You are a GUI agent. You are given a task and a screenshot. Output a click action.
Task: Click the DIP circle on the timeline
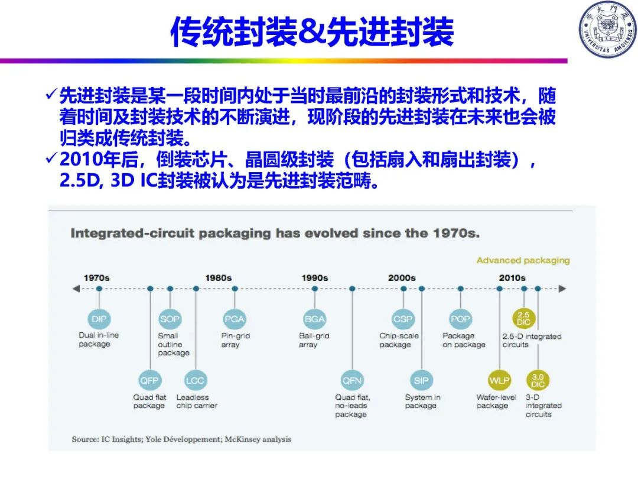pos(99,319)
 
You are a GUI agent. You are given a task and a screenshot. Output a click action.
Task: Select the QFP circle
pos(149,380)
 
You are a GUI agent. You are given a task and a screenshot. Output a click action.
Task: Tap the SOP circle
pos(170,319)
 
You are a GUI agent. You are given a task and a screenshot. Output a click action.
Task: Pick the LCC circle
pos(196,380)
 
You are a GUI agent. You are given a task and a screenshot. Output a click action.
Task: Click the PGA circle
pos(235,319)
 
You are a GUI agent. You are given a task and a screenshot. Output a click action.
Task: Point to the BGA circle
pos(314,319)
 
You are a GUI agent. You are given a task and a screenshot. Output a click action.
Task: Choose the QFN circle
pos(352,380)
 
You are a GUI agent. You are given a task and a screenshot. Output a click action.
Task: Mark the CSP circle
pos(403,319)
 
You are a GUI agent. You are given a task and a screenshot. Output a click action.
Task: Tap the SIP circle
pos(421,380)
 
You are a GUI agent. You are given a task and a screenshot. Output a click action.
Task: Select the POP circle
pos(460,319)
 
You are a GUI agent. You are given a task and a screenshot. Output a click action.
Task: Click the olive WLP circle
pos(499,380)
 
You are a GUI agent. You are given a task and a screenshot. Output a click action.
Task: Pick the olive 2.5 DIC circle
pos(523,319)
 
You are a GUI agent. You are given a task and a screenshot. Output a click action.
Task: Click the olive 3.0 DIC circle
pos(538,380)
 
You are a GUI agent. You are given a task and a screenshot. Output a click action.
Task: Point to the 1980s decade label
pos(219,277)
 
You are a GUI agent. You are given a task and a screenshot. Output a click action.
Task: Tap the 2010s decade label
pos(512,277)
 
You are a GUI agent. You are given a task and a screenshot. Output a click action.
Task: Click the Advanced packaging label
pos(523,260)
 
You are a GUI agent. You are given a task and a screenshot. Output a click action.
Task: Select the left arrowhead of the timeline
pos(76,289)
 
